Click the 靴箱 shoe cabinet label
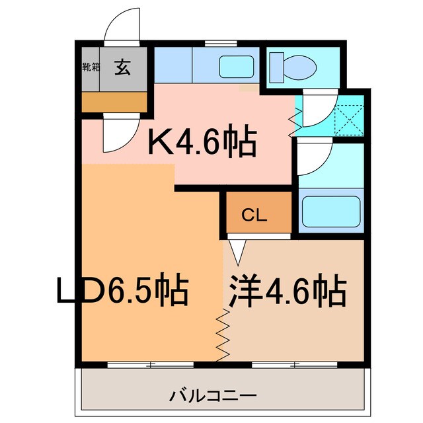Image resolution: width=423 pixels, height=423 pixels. point(91,67)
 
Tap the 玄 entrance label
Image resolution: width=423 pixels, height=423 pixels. point(122,67)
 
